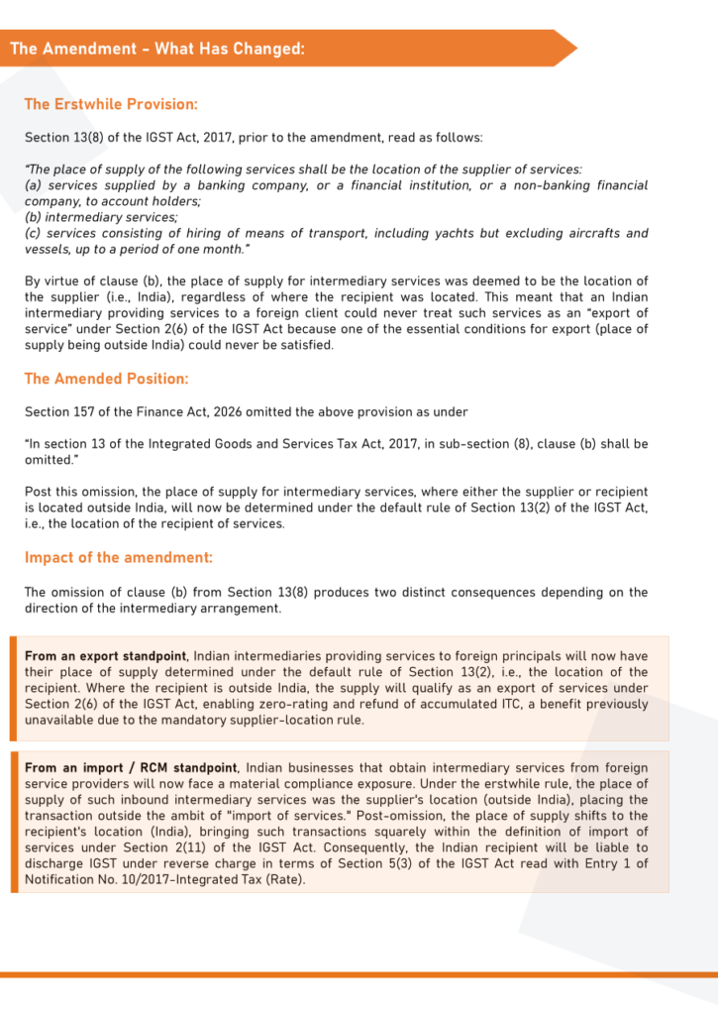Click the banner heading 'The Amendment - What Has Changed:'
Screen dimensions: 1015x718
[157, 49]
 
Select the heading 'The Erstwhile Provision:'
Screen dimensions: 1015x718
[111, 104]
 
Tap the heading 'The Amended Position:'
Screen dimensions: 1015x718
[106, 379]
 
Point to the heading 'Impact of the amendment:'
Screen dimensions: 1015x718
[118, 558]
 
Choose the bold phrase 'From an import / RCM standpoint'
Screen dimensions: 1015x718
[131, 768]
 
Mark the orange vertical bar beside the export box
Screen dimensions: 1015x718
[14, 688]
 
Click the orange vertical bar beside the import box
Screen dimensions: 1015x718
[14, 822]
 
